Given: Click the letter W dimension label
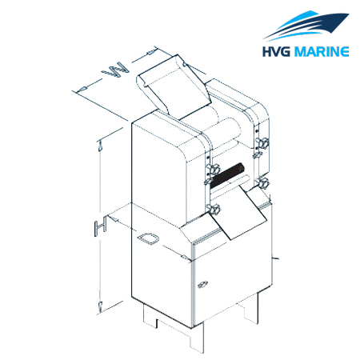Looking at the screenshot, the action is [115, 70].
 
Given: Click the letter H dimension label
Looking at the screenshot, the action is [101, 226].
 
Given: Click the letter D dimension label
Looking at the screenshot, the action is [148, 238].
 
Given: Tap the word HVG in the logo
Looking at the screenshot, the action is [276, 51].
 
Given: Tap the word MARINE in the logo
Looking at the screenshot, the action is [321, 51].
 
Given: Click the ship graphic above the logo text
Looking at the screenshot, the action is [306, 26].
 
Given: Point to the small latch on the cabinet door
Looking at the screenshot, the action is [202, 285].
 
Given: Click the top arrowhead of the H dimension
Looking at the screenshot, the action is [100, 146].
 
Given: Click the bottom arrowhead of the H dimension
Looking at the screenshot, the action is [101, 306].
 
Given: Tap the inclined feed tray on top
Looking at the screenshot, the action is [174, 86].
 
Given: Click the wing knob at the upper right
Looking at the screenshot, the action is [262, 143].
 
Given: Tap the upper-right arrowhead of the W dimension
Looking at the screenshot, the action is [151, 52].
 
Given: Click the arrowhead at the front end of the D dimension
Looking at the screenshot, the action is [186, 257].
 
